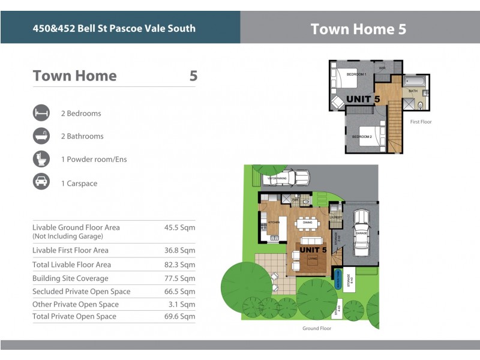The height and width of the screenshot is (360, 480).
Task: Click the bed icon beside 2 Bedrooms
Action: pyautogui.click(x=41, y=113)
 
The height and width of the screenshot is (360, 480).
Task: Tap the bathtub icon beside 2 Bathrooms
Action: pyautogui.click(x=41, y=136)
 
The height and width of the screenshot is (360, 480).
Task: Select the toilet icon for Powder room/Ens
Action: pyautogui.click(x=41, y=160)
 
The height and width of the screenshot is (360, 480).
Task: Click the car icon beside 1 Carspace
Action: pyautogui.click(x=41, y=183)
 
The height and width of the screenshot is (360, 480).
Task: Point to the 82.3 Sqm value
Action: pyautogui.click(x=180, y=265)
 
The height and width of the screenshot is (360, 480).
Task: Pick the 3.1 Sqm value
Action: pyautogui.click(x=182, y=305)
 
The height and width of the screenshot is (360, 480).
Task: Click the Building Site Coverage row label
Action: pyautogui.click(x=70, y=278)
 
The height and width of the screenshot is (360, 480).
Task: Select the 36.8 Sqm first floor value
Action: pyautogui.click(x=180, y=250)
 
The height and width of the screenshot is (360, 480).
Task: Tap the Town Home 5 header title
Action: pyautogui.click(x=358, y=29)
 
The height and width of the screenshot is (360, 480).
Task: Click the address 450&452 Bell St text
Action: pyautogui.click(x=114, y=28)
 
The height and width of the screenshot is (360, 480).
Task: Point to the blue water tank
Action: pyautogui.click(x=338, y=278)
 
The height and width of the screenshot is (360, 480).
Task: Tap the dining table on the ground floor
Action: pyautogui.click(x=307, y=223)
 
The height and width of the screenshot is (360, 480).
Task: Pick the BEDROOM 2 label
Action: pyautogui.click(x=362, y=137)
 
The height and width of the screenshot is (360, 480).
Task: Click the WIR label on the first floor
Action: pyautogui.click(x=382, y=68)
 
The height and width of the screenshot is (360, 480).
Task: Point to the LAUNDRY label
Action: pyautogui.click(x=336, y=217)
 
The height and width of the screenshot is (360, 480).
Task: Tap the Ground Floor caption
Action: pyautogui.click(x=317, y=328)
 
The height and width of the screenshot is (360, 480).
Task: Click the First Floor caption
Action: pyautogui.click(x=421, y=122)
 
